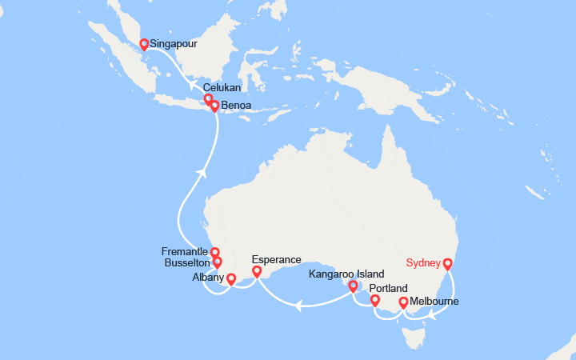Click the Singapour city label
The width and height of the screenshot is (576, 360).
[x=174, y=44]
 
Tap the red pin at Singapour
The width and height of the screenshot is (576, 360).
[x=144, y=45]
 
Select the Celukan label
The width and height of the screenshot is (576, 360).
[x=221, y=88]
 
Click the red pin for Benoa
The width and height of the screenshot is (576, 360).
[x=214, y=106]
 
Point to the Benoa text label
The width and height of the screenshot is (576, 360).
[x=238, y=105]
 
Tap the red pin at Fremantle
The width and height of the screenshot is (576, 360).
[x=214, y=253]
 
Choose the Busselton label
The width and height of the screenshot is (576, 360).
[x=186, y=262]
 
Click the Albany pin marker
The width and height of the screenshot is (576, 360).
[x=231, y=279]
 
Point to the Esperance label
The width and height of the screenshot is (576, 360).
[x=276, y=259]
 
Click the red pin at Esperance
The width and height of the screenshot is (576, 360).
[x=257, y=272]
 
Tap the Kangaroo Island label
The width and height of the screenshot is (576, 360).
[x=345, y=274]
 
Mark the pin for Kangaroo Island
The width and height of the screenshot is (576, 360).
[x=353, y=286]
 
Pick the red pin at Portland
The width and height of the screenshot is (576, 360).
[x=374, y=300]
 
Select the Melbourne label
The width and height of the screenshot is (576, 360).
[x=434, y=302]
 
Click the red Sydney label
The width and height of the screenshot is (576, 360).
[x=423, y=262]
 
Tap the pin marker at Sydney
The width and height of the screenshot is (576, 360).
[x=448, y=263]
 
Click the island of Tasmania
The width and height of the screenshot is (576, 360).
[x=414, y=336]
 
